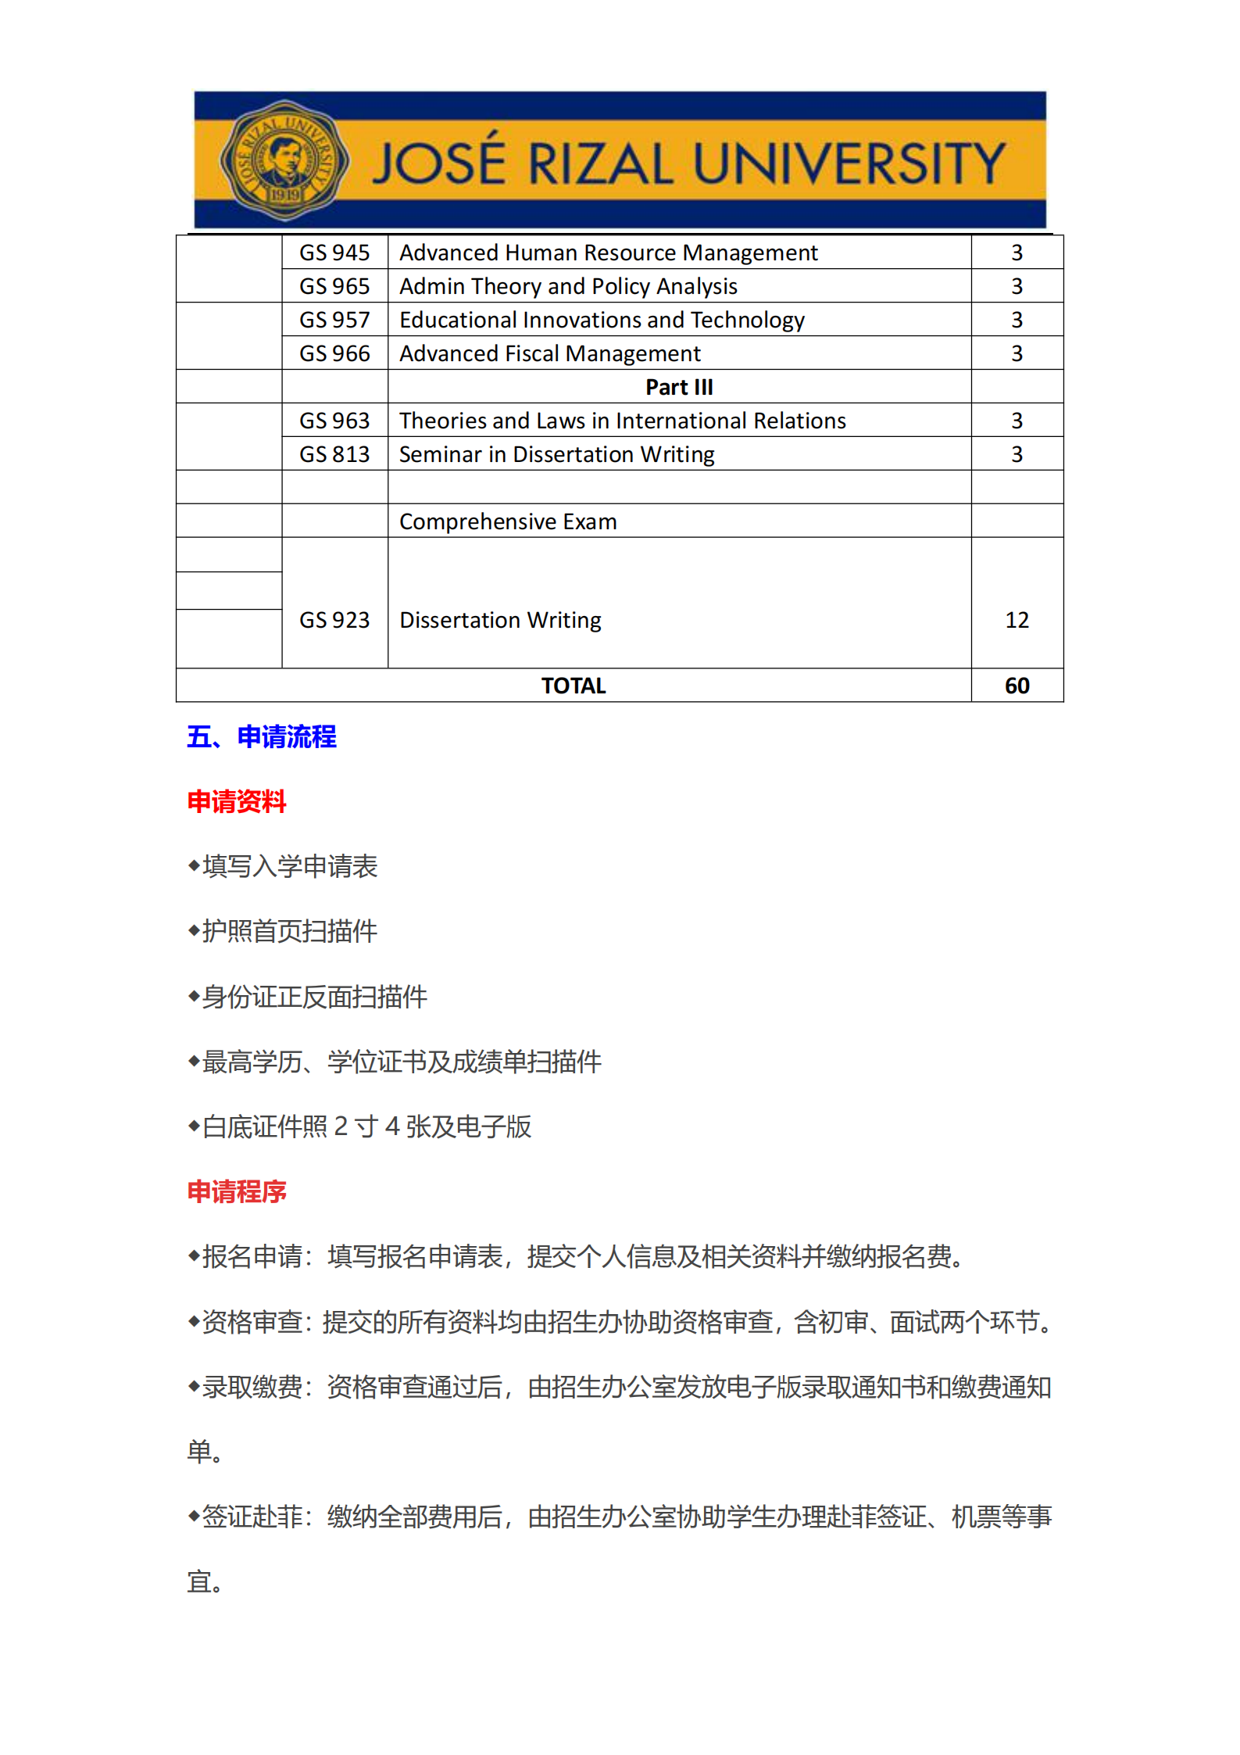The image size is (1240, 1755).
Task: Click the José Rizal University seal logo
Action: (x=284, y=160)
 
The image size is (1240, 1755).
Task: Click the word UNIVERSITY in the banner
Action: (x=849, y=164)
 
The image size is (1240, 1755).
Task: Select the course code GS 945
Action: (x=334, y=253)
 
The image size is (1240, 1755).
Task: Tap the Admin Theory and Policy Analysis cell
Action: (x=568, y=286)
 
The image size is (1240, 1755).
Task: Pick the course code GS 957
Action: (x=334, y=320)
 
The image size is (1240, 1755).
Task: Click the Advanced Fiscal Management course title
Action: (x=550, y=353)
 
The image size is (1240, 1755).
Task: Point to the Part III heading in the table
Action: (x=679, y=387)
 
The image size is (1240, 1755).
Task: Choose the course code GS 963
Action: (x=334, y=421)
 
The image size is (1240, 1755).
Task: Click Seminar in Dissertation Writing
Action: (x=556, y=454)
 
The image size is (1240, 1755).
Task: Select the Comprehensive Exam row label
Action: (x=508, y=521)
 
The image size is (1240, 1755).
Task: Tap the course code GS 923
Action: (x=334, y=620)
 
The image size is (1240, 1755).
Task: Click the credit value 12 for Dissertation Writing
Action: (x=1017, y=620)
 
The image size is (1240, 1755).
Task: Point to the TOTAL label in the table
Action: (x=574, y=686)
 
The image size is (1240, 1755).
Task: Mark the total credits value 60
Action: (x=1017, y=686)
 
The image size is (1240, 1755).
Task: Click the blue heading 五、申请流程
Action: (x=262, y=736)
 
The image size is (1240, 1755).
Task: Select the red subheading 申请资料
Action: (x=237, y=801)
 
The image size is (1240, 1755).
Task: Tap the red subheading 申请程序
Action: (x=237, y=1191)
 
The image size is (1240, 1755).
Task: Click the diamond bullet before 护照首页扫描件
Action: (x=194, y=930)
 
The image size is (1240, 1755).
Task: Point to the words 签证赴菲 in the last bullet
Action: (x=252, y=1517)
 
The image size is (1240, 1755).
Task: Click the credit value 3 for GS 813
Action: (x=1017, y=454)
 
